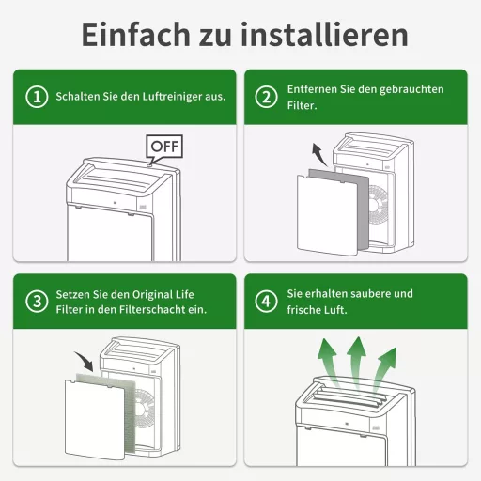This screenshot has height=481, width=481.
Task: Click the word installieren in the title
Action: click(324, 34)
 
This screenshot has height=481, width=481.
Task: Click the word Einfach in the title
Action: click(135, 34)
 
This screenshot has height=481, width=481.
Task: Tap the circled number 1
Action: click(37, 97)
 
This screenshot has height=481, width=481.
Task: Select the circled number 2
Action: click(266, 97)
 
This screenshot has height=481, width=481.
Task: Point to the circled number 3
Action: click(37, 302)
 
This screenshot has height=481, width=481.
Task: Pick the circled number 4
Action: click(266, 302)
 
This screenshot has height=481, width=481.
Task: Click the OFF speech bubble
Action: click(164, 147)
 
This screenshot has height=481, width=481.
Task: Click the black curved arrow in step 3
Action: click(85, 361)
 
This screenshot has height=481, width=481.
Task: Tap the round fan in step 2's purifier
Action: click(378, 204)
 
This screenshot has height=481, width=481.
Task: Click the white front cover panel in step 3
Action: click(95, 420)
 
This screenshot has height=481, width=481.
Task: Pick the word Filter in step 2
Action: click(302, 106)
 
